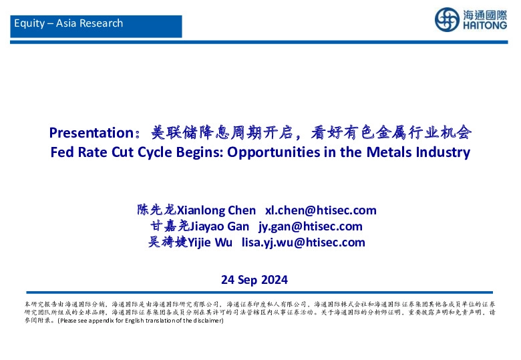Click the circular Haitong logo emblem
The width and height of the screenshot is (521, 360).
(x=447, y=19)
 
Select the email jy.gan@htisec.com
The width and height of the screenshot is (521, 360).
(x=311, y=226)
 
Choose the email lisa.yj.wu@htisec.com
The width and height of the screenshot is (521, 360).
(x=303, y=242)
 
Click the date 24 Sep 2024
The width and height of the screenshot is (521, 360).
(x=254, y=279)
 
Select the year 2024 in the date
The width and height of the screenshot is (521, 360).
(x=275, y=279)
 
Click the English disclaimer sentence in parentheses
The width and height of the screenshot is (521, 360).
(x=140, y=321)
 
